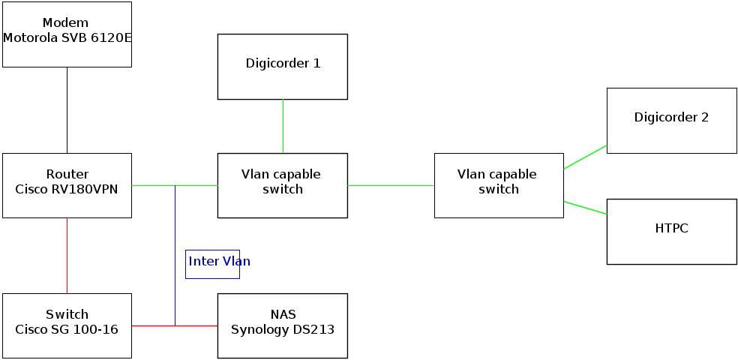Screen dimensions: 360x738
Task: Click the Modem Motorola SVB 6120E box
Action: (67, 34)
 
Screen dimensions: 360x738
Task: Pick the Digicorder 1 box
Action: (282, 66)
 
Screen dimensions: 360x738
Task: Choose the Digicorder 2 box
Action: (671, 121)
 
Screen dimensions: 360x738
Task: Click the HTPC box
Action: (671, 231)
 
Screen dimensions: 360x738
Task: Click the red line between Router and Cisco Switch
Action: (67, 255)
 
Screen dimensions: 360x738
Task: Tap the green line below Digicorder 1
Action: (283, 126)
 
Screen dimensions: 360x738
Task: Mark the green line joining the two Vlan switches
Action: (391, 185)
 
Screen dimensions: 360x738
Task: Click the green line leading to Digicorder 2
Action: (585, 157)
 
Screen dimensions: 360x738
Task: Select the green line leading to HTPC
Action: (585, 208)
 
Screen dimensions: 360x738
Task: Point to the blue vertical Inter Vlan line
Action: (175, 225)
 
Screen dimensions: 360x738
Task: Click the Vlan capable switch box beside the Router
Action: (282, 186)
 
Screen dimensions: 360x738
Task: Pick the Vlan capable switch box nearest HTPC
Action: (498, 186)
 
